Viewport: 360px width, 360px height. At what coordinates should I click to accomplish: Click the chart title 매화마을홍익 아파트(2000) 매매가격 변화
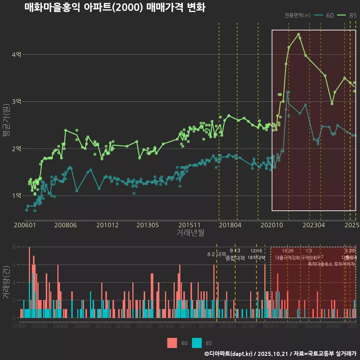[115, 7]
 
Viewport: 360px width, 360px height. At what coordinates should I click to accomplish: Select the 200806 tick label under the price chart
[66, 225]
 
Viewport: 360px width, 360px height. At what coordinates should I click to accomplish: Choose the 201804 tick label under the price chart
[230, 225]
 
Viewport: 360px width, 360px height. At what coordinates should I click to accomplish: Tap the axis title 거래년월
[190, 233]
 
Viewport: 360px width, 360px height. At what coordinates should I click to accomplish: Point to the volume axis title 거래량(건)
[6, 282]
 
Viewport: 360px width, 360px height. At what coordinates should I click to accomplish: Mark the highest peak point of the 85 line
[298, 34]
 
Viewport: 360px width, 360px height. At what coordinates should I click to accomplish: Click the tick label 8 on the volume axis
[13, 247]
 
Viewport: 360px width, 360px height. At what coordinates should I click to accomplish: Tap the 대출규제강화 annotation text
[288, 258]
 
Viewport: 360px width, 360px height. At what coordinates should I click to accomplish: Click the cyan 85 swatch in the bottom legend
[196, 343]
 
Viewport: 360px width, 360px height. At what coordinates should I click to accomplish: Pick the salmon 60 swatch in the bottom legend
[172, 343]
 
